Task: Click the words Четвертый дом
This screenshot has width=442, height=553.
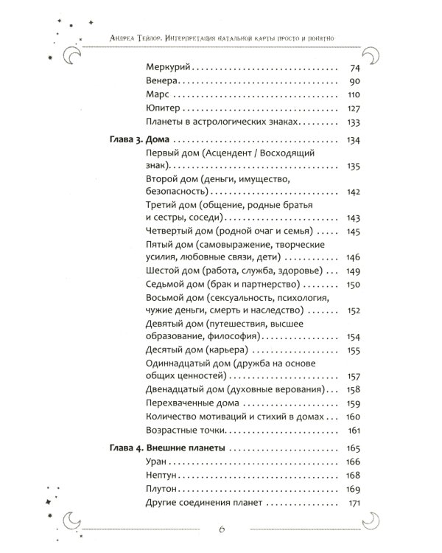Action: coord(172,232)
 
